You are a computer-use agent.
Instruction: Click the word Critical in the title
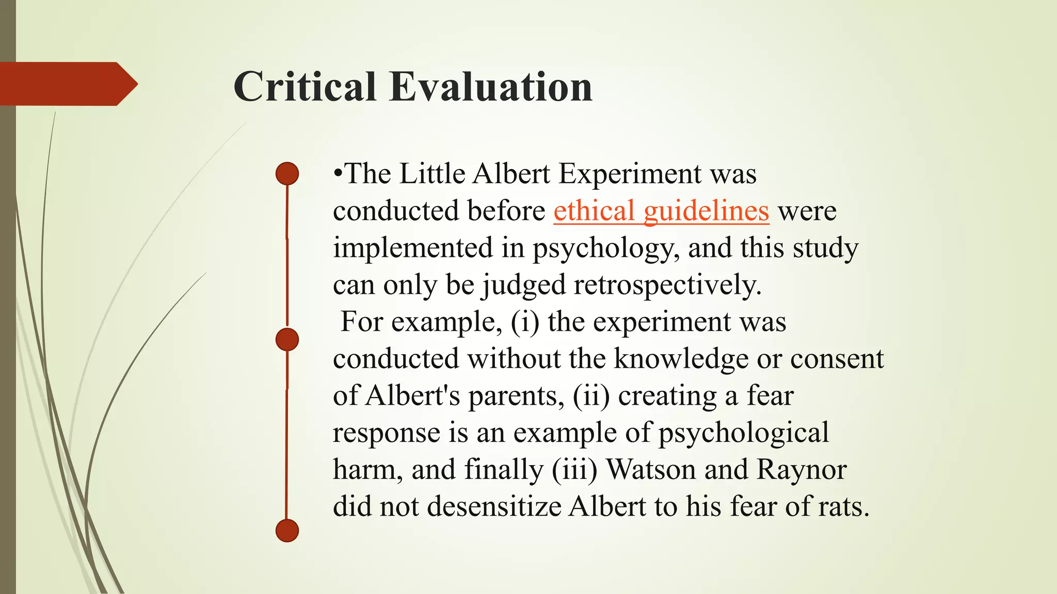tap(305, 87)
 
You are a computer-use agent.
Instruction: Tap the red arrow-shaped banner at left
tap(67, 84)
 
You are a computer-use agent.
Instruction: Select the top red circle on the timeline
tap(287, 173)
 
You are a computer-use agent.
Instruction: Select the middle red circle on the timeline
tap(287, 340)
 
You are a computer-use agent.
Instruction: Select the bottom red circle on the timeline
tap(287, 531)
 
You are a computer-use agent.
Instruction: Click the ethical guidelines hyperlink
tap(661, 211)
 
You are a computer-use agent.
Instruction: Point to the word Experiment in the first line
tap(630, 174)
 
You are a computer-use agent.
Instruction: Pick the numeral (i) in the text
tap(525, 322)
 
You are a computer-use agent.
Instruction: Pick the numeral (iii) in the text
tap(574, 470)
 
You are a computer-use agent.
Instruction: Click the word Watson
tap(651, 470)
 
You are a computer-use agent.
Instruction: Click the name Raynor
tap(802, 470)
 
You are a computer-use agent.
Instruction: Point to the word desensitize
tap(494, 506)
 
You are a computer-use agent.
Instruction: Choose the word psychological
tap(743, 433)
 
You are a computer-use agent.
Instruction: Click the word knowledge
tap(681, 359)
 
